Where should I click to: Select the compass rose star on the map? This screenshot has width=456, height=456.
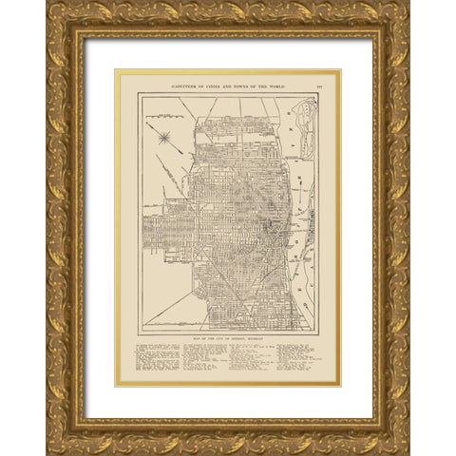pyautogui.click(x=164, y=137)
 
